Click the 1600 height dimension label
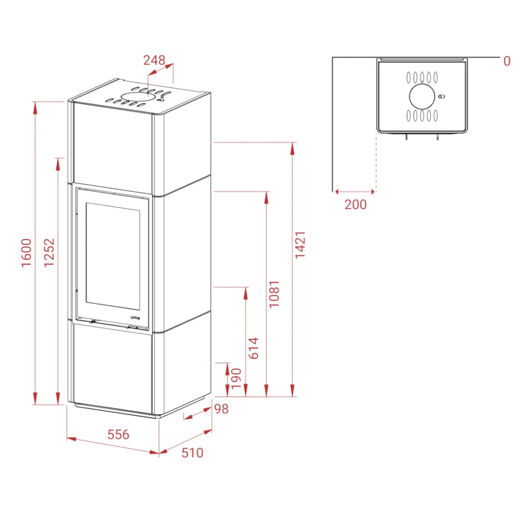pyautogui.click(x=27, y=253)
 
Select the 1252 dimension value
pyautogui.click(x=50, y=253)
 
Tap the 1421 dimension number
pyautogui.click(x=300, y=245)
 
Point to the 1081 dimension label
pyautogui.click(x=274, y=294)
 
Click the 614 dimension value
pyautogui.click(x=254, y=348)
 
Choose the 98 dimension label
pyautogui.click(x=221, y=409)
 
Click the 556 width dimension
pyautogui.click(x=118, y=434)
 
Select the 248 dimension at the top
pyautogui.click(x=154, y=60)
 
